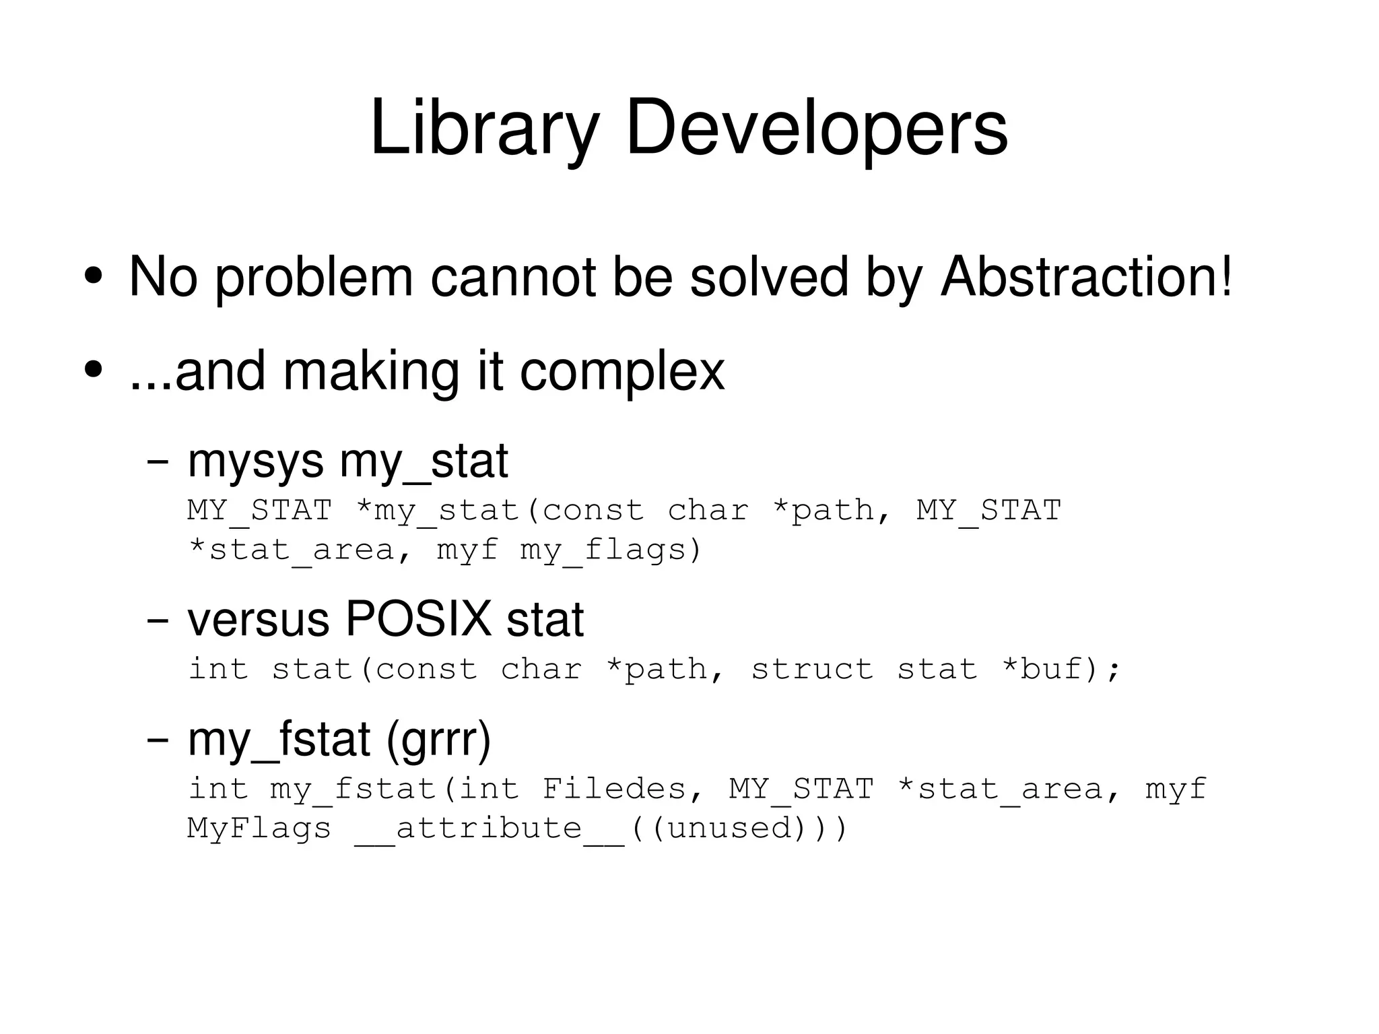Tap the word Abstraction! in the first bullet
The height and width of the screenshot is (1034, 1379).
coord(1086,277)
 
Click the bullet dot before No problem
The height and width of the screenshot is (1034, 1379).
coord(94,276)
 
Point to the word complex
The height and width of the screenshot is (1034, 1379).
coord(622,372)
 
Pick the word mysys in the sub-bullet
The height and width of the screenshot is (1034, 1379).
coord(256,463)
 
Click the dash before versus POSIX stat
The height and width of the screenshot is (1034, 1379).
coord(158,621)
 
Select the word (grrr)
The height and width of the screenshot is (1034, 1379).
coord(438,740)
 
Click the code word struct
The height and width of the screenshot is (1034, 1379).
coord(812,669)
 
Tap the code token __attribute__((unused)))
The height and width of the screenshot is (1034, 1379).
coord(601,828)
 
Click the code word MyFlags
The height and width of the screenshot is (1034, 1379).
coord(259,828)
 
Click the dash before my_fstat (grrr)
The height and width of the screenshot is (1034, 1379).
coord(158,740)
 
